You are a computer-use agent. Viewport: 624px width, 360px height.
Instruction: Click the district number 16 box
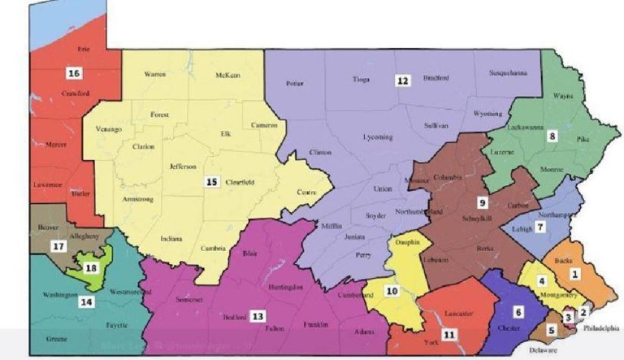[74, 73]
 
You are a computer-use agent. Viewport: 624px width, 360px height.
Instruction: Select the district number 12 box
[401, 80]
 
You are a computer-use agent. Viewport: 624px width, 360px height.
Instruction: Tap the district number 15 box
[211, 182]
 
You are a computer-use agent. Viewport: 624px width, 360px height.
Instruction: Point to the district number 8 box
[552, 136]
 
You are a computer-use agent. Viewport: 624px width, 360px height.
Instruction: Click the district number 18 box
[90, 267]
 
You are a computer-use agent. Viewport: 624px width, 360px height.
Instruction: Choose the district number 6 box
[518, 311]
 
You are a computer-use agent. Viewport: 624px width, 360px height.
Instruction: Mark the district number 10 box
[392, 290]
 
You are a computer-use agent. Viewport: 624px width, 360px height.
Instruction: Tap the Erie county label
[83, 50]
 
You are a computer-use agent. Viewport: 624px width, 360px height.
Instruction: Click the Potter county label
[294, 84]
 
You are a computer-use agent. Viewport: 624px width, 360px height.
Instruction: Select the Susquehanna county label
[508, 73]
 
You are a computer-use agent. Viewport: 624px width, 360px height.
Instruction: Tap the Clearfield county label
[240, 183]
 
